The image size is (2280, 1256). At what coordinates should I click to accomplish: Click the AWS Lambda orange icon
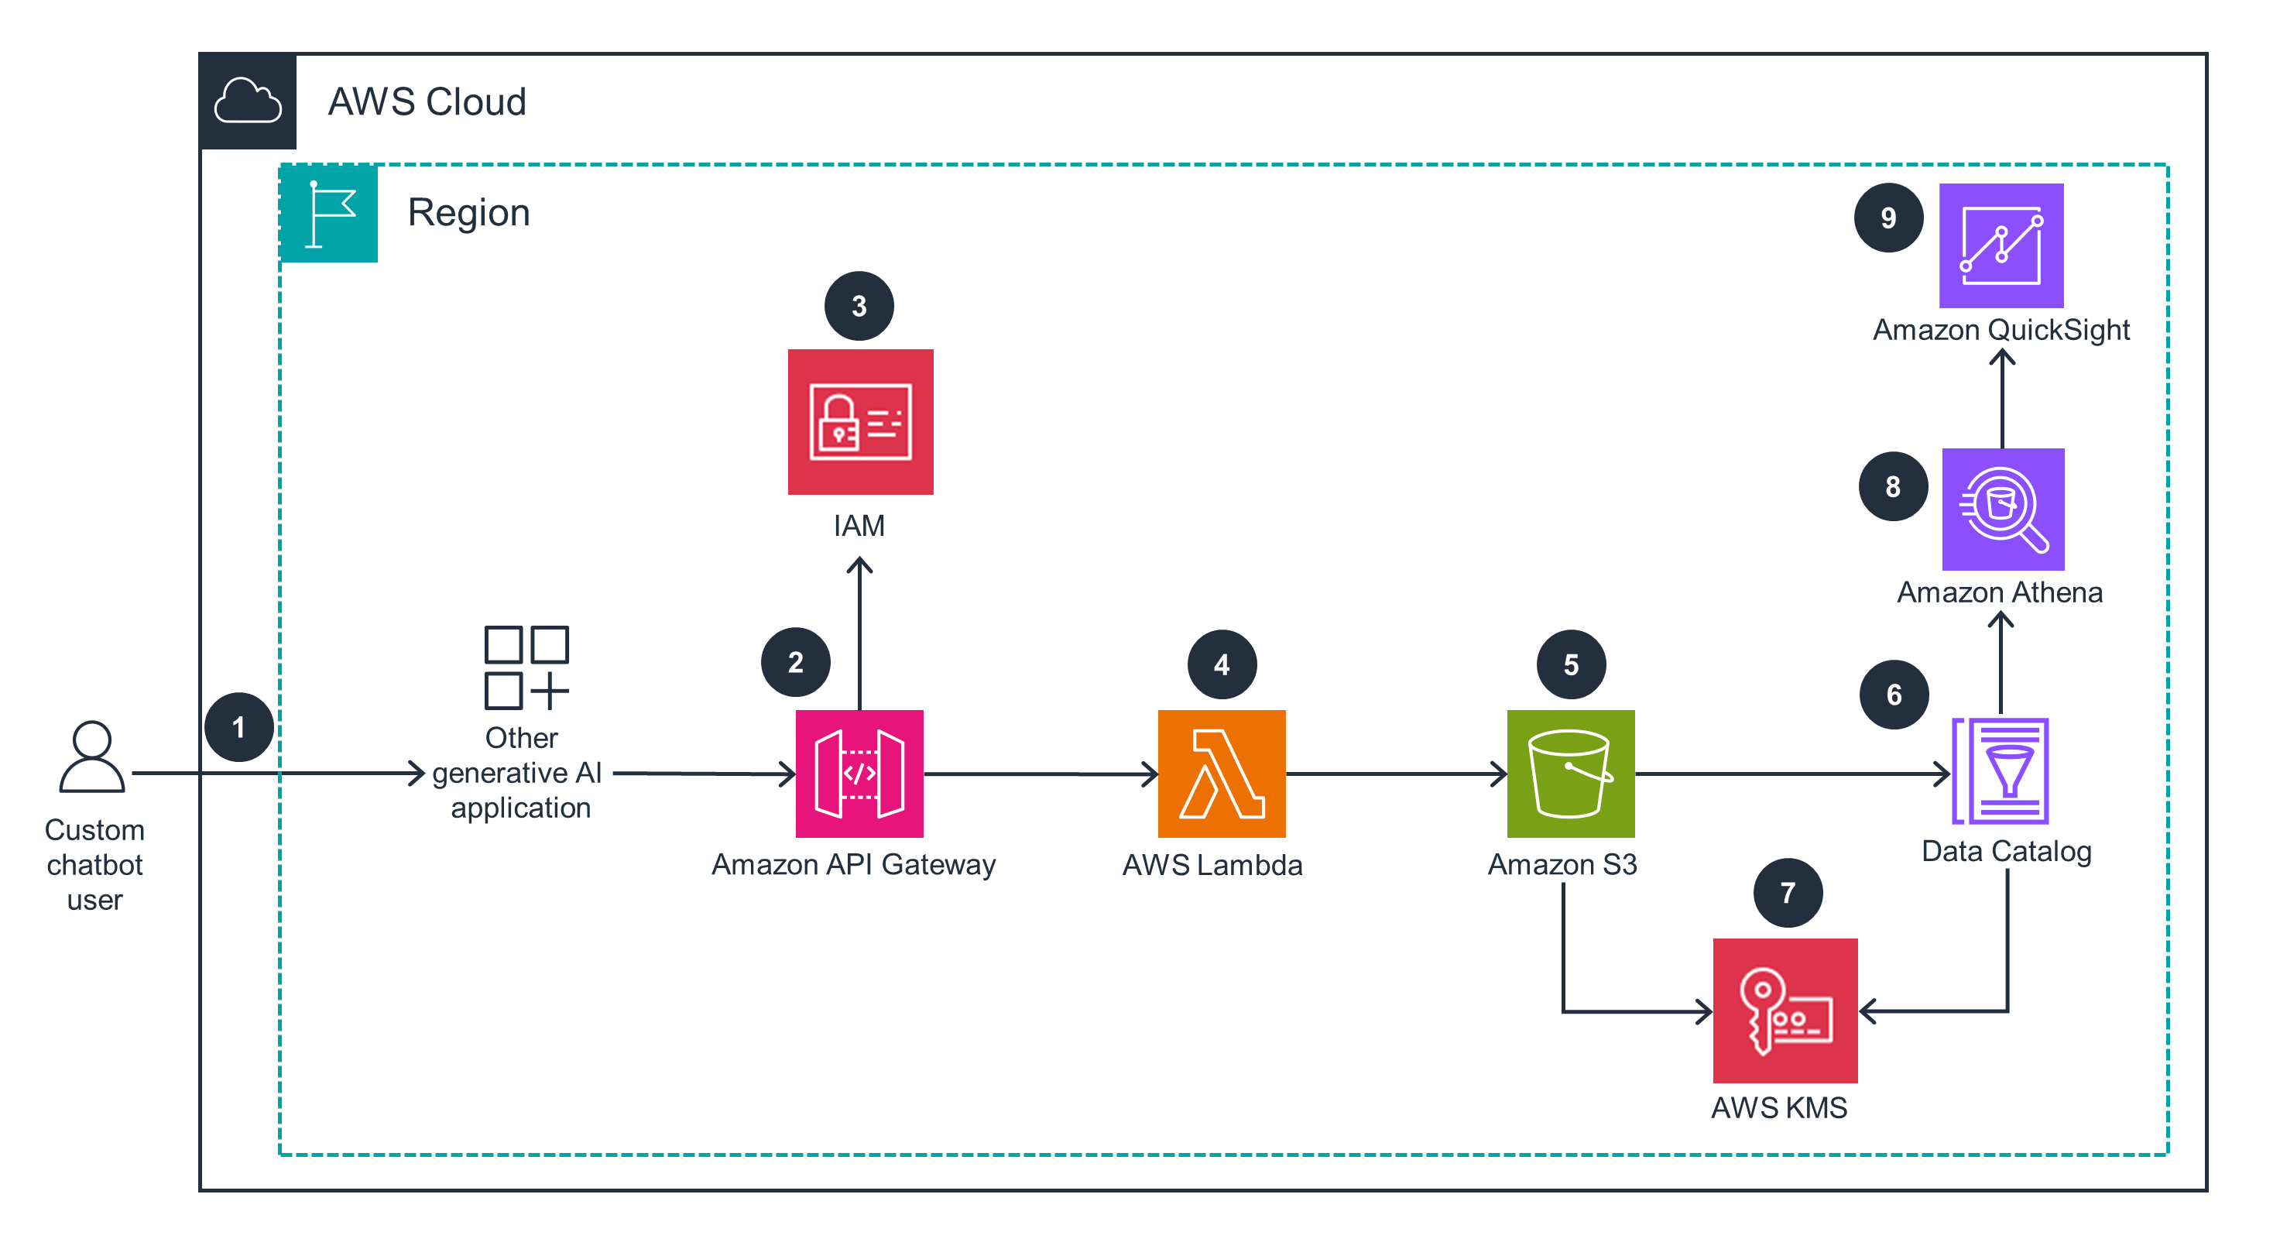click(1222, 773)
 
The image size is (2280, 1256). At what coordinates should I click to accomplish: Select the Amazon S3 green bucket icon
click(1570, 773)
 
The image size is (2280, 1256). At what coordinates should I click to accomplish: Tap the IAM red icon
click(860, 421)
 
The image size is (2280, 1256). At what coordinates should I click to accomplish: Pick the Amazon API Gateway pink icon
click(859, 773)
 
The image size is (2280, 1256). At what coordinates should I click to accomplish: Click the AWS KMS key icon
click(1785, 1010)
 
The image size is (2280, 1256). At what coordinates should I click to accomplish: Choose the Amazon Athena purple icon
click(2002, 509)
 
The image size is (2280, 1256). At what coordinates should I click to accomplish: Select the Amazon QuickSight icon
click(2001, 245)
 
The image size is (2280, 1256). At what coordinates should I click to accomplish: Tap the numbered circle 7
click(1787, 892)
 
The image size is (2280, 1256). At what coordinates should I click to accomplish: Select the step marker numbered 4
click(1222, 664)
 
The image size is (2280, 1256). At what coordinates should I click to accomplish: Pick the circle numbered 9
click(1888, 217)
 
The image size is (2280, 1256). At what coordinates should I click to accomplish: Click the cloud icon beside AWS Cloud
click(248, 101)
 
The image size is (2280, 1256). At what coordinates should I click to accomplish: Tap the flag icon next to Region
click(328, 213)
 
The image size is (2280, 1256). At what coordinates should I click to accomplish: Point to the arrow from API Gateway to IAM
click(859, 633)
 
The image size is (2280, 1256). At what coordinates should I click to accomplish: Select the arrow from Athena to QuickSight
click(2002, 398)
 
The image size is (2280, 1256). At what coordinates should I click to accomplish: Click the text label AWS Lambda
click(1212, 865)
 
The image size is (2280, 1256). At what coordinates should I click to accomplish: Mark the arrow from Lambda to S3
click(1396, 773)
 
